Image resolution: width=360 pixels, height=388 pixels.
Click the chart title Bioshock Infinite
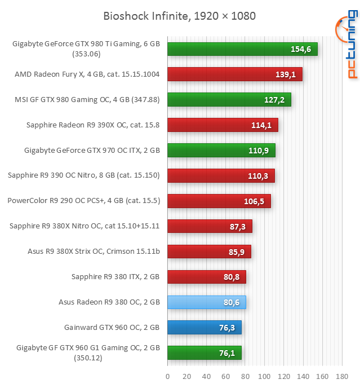click(179, 16)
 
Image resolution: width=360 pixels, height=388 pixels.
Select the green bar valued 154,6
click(242, 49)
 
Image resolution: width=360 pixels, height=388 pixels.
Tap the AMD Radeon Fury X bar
click(235, 74)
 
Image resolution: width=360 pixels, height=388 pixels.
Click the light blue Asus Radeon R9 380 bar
click(207, 302)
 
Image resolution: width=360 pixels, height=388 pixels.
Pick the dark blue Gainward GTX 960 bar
click(205, 327)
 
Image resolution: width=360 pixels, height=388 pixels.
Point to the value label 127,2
click(274, 100)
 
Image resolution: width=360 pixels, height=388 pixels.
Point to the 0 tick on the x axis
click(168, 376)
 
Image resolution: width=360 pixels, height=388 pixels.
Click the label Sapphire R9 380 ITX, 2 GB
click(115, 276)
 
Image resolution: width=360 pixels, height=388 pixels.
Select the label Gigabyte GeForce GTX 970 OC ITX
click(92, 150)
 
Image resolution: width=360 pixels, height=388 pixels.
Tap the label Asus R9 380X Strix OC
click(94, 251)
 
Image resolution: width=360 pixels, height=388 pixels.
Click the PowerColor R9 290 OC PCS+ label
click(83, 200)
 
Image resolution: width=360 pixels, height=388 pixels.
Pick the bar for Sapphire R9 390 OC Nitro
click(221, 175)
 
